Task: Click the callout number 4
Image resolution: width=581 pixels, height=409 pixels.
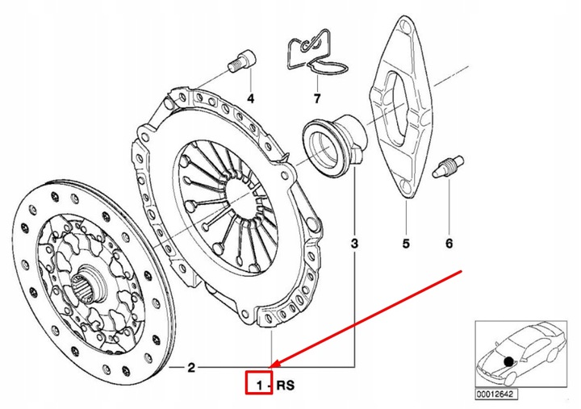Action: (x=249, y=99)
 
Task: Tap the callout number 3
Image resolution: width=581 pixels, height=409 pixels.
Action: (x=354, y=242)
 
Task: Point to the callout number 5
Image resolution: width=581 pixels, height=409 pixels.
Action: (x=406, y=243)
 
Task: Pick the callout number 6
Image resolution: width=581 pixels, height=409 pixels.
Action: (x=449, y=243)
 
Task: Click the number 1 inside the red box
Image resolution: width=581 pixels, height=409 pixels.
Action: (x=258, y=386)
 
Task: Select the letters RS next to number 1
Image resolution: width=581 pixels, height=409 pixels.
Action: (x=286, y=386)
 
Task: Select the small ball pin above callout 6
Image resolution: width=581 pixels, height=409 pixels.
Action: (x=448, y=167)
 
